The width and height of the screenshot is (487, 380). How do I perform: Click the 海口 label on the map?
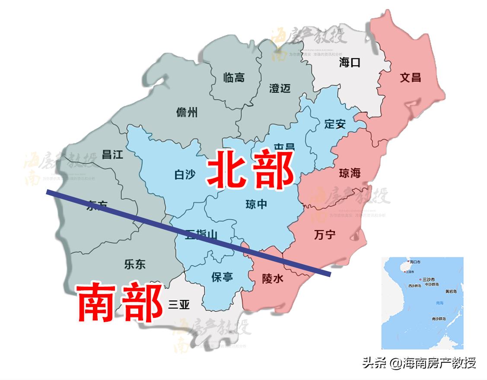350,63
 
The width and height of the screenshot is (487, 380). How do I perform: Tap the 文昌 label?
410,78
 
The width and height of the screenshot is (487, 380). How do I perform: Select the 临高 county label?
234,78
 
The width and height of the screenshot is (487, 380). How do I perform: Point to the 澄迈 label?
280,89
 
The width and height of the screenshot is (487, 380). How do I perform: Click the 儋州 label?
187,112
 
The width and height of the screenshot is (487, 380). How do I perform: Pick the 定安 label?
335,124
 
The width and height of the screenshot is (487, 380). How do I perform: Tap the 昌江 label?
112,155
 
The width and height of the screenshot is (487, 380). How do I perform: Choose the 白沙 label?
185,174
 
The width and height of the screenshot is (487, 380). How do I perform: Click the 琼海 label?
350,174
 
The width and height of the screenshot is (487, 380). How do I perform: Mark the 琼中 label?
256,204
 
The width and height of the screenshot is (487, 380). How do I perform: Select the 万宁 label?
325,235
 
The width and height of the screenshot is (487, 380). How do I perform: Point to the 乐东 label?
135,264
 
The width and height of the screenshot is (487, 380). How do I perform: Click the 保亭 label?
222,277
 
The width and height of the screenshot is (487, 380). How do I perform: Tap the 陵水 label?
273,279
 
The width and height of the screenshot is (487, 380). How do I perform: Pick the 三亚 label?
179,305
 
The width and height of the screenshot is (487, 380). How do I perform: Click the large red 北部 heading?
251,170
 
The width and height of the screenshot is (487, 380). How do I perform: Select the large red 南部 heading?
120,303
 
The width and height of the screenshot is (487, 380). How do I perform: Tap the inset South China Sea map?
422,303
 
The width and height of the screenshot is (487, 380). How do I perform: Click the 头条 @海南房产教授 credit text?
419,363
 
